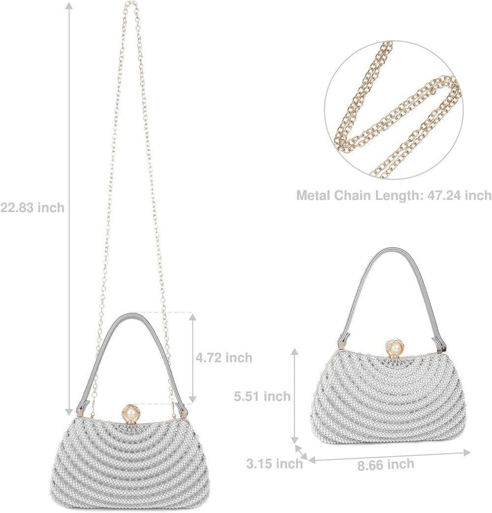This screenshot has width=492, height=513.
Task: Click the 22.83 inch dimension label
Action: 32,207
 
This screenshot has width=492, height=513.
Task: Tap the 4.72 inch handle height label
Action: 224,358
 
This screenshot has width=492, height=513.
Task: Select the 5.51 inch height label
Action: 262,396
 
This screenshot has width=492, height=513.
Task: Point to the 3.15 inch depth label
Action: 275,463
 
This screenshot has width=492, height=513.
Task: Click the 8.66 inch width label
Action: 386,464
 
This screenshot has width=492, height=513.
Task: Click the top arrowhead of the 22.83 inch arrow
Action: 69,5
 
